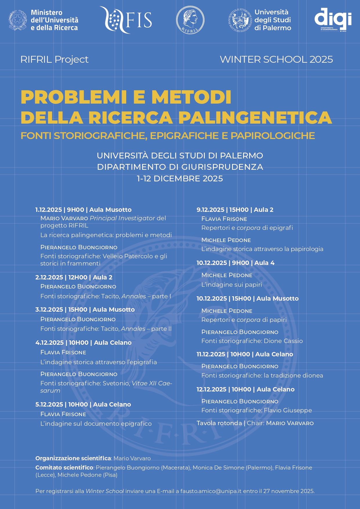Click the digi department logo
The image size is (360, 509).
coord(333,20)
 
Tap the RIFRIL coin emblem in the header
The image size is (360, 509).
coord(190,20)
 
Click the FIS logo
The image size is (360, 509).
coord(126,20)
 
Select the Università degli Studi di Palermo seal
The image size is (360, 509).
coord(240,20)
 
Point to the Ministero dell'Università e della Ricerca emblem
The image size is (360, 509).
coord(18,20)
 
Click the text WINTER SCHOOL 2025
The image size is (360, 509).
coord(276,59)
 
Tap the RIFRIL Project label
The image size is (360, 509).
coord(54,59)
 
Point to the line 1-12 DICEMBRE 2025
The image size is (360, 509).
coord(180,178)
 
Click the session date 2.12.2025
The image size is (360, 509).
coord(49,277)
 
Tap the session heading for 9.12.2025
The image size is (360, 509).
coord(235,210)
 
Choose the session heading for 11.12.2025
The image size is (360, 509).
coord(245,354)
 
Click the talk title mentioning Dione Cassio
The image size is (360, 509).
coord(252,341)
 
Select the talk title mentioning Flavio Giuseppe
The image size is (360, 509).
coord(256,410)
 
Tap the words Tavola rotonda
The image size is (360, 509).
coord(219,423)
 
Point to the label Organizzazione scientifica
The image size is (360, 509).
coord(73,458)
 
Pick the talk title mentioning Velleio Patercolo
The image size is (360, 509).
coord(104,260)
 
